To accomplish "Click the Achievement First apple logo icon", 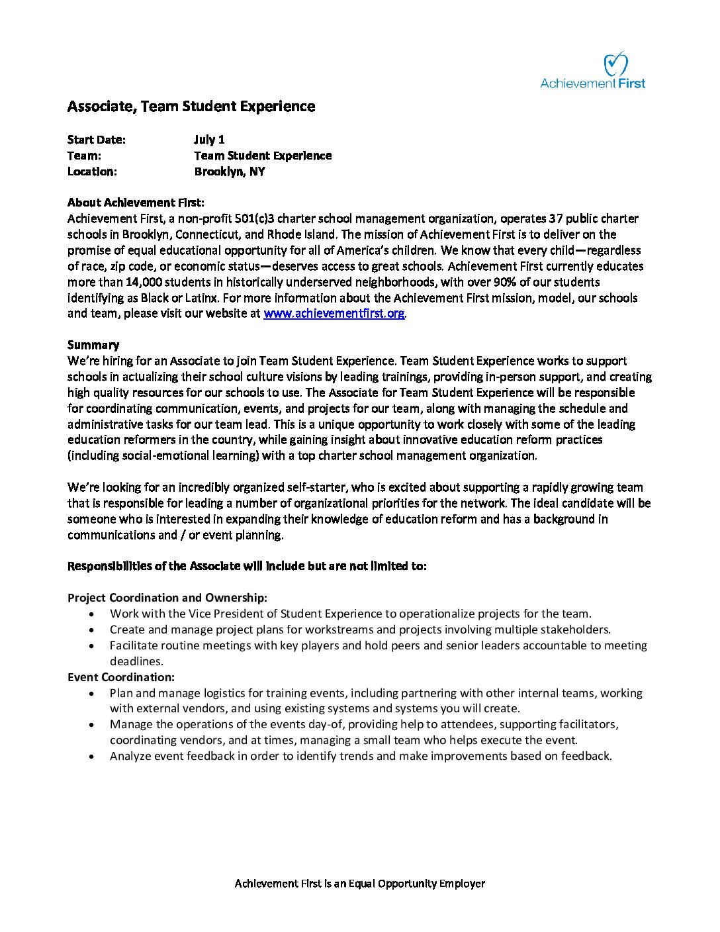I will (x=615, y=64).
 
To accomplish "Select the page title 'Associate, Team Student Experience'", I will (x=191, y=107).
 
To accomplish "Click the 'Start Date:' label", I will (x=97, y=140).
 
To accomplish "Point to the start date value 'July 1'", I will (x=209, y=140).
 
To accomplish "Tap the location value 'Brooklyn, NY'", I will (x=230, y=171).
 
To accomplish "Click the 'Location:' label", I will (x=92, y=171).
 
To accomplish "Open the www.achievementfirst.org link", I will (x=334, y=314).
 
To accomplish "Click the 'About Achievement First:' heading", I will (x=136, y=203).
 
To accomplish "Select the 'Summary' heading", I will (x=93, y=345).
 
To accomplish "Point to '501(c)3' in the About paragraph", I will (x=355, y=218).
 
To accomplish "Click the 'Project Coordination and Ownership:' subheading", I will (x=167, y=598).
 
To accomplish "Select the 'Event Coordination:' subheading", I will (x=121, y=677).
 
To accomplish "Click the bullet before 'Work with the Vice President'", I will (x=91, y=614).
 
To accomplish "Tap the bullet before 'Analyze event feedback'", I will (x=91, y=757).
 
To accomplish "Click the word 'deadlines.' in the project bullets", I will (x=136, y=661).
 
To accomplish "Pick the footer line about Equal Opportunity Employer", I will (x=360, y=884).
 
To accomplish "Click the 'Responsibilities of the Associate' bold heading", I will (x=247, y=566).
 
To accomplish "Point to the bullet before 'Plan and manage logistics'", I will (x=91, y=694).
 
